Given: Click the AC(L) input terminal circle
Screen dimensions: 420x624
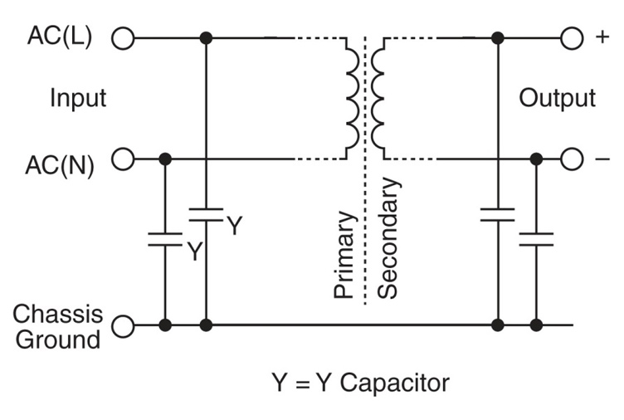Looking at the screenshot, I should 123,38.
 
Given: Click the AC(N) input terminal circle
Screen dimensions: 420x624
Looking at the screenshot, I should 123,159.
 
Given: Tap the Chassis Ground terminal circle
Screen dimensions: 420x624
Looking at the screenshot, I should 123,325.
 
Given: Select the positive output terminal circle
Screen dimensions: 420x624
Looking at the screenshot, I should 573,38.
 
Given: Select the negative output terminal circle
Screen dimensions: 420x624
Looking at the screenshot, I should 573,159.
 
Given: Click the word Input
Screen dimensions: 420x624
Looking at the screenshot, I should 79,98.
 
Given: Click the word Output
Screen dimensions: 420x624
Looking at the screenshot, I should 558,98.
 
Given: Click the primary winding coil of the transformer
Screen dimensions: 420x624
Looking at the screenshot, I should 352,98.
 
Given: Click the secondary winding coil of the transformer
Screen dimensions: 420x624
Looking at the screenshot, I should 378,98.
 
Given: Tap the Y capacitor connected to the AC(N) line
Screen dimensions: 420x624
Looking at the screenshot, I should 165,240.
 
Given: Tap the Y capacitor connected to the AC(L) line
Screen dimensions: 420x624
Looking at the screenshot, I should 205,214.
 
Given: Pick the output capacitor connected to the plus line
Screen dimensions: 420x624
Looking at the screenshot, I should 497,215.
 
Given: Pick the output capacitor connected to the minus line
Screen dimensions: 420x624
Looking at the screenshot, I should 536,240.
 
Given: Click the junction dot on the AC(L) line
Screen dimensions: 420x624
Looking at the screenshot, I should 205,38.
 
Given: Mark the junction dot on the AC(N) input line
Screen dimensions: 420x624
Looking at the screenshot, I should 165,159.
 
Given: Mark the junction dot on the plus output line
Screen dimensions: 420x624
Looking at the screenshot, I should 497,38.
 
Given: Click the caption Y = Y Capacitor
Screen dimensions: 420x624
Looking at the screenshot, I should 360,383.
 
